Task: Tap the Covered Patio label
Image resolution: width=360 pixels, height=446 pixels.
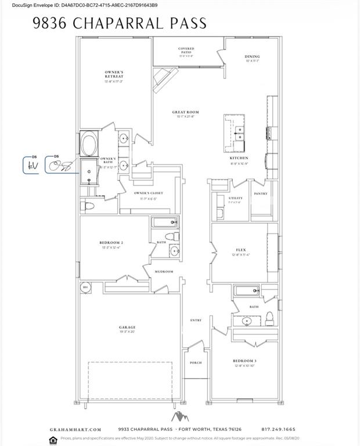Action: [x=186, y=50]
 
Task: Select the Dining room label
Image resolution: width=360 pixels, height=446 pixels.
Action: [x=252, y=56]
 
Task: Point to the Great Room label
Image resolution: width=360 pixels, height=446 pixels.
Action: [x=185, y=112]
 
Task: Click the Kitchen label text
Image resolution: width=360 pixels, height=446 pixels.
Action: [x=239, y=158]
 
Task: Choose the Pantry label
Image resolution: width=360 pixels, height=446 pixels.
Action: [x=261, y=193]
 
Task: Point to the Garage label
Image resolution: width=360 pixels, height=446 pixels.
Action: [x=127, y=328]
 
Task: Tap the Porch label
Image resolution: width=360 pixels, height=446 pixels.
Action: [x=195, y=362]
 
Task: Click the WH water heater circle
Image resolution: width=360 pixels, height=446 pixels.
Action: [x=85, y=287]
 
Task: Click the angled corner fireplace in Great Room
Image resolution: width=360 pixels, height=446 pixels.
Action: [x=164, y=78]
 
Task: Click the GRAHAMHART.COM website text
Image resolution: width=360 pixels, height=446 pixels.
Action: [x=70, y=429]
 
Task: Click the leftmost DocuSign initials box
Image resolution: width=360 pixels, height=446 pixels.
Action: [x=30, y=166]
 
